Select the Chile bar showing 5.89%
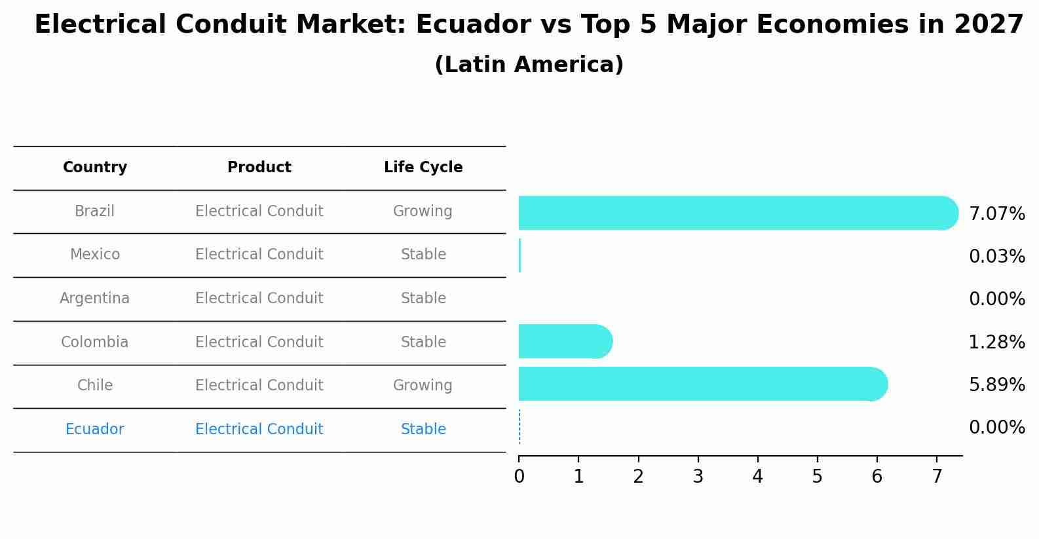[x=701, y=384]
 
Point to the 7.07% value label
[x=996, y=214]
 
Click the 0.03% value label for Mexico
[x=996, y=256]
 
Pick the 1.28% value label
[x=996, y=342]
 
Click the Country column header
[x=95, y=168]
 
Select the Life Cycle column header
[x=423, y=168]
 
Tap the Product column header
[x=259, y=168]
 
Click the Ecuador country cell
[x=95, y=429]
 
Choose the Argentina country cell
[x=95, y=298]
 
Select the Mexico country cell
[x=95, y=254]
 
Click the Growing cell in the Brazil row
[x=423, y=211]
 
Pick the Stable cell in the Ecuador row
[x=423, y=429]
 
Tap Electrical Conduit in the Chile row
[x=259, y=385]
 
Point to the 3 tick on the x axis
[x=698, y=476]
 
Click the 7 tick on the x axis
[x=937, y=476]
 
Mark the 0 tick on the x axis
[x=519, y=476]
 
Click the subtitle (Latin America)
[x=529, y=65]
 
